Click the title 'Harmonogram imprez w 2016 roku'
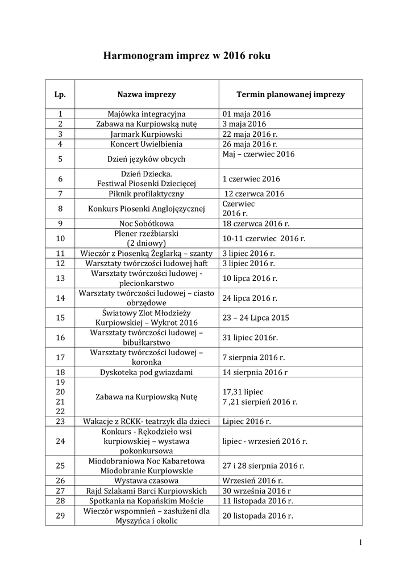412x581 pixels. tap(182, 56)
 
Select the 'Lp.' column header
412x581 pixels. tap(60, 94)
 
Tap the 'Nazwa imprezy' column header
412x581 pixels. tap(147, 94)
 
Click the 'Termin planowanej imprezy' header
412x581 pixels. tap(290, 94)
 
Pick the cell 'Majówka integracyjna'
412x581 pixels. tap(147, 113)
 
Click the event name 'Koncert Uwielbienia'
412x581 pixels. tap(147, 144)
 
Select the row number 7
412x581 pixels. tap(60, 193)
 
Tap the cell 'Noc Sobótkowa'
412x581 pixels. tap(147, 224)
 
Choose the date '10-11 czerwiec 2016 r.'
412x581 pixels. tap(264, 238)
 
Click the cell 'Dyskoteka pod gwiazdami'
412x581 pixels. tap(147, 372)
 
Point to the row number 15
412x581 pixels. tap(60, 318)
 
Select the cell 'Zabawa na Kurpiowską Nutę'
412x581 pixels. tap(147, 397)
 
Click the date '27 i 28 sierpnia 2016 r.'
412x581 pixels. tap(264, 465)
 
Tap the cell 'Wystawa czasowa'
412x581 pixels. tap(147, 481)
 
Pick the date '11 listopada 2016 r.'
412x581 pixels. tap(258, 501)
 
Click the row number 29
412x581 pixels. tap(60, 515)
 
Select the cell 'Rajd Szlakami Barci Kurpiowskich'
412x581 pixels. tap(147, 491)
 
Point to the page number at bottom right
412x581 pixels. tap(360, 542)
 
